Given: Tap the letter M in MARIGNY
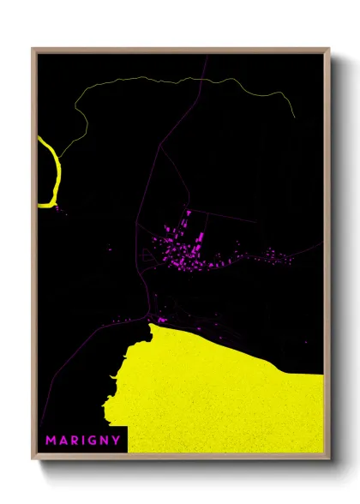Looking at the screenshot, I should pos(51,440).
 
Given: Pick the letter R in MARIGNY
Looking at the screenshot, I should pos(74,440).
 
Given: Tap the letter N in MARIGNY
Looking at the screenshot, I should pos(104,440).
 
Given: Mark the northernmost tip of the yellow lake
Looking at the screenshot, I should pos(153,324).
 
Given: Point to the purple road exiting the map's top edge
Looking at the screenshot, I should pos(207,57).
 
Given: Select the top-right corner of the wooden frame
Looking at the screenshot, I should pos(328,49).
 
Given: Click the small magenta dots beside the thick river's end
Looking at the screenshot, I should pos(58,208).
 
